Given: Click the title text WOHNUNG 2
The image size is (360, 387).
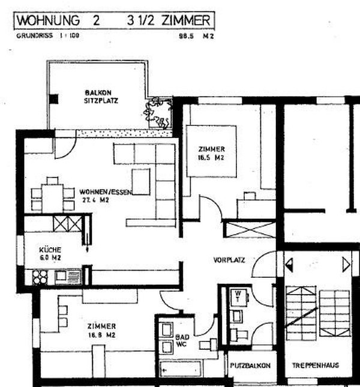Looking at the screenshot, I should [59, 20].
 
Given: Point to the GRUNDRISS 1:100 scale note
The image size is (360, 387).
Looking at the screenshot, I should [47, 36].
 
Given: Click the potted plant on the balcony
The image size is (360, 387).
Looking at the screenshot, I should [158, 112].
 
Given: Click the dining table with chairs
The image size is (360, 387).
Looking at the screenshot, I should [52, 194].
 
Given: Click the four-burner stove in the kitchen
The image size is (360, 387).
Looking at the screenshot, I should [40, 277].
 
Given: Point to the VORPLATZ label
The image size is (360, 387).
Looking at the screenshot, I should [228, 260].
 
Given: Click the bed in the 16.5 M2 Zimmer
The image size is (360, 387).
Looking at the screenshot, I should [211, 151].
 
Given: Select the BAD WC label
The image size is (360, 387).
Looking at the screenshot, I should [182, 341].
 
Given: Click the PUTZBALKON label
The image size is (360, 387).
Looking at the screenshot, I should [250, 365].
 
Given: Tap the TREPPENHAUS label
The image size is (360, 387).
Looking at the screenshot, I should [316, 365].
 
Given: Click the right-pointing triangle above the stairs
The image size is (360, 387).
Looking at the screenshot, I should [346, 263].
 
